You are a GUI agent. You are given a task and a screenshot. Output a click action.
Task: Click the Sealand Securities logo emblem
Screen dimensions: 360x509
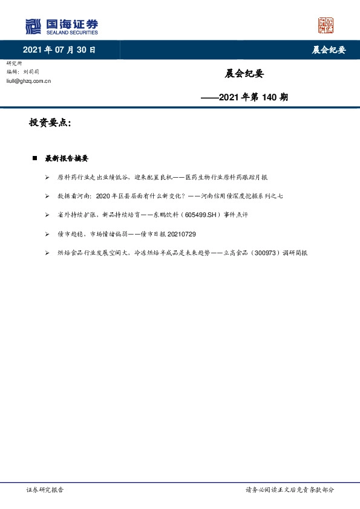[x=34, y=26]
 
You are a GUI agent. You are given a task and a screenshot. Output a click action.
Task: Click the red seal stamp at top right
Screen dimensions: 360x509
[x=326, y=25]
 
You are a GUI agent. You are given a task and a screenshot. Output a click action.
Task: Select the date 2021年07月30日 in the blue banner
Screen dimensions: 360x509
[x=59, y=50]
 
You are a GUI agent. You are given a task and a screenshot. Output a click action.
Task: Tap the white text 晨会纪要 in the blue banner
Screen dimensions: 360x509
[x=329, y=50]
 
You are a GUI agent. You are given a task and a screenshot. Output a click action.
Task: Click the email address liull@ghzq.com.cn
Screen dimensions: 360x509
[x=28, y=80]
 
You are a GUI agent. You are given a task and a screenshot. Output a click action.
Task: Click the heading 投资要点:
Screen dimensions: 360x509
[x=50, y=123]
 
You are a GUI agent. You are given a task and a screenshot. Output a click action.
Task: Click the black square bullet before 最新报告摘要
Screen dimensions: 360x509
[x=34, y=159]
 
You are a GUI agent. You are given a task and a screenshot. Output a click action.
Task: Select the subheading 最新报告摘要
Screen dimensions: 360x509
[x=67, y=159]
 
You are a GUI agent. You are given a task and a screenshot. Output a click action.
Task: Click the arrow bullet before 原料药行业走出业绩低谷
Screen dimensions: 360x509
[x=47, y=178]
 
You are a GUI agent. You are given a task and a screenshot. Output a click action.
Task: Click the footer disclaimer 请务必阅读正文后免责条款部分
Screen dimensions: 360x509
[x=289, y=490]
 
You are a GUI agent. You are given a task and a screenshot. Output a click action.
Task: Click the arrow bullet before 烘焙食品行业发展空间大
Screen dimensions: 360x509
[x=47, y=253]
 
